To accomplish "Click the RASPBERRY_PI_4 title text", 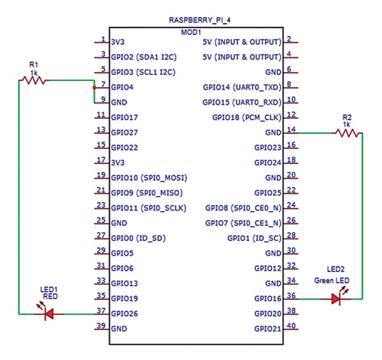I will pos(195,20).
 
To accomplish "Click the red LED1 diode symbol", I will pos(46,313).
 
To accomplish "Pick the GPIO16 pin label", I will pos(267,298).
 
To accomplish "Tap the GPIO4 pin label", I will pos(123,87).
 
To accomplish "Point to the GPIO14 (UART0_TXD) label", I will pos(242,87).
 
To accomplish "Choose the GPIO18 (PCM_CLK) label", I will pos(246,117).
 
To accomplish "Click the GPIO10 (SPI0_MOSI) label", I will pos(149,177).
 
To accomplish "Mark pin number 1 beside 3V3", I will pos(103,38).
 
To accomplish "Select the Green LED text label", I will pos(331,280).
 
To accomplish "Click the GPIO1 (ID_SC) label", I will pos(254,238).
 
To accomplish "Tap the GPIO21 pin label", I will pos(267,329).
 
